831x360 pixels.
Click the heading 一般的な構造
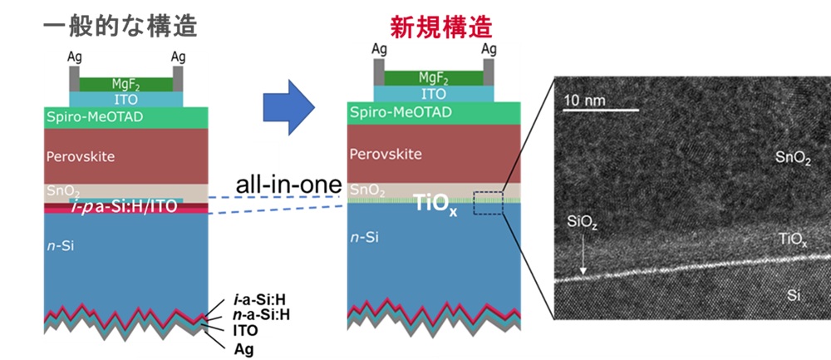(120, 27)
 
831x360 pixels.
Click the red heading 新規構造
(441, 27)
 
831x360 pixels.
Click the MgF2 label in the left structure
(124, 83)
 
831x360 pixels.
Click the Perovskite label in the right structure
(385, 154)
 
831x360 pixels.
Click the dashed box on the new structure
(488, 203)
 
